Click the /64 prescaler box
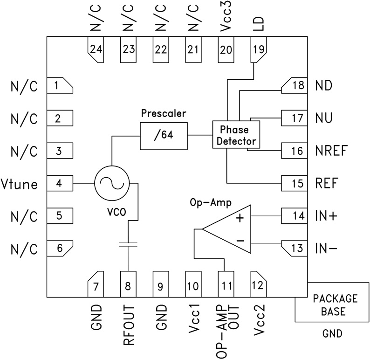click(163, 136)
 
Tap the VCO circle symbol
click(111, 183)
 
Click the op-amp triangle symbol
click(226, 229)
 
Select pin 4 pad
click(60, 183)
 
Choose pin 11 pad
click(226, 284)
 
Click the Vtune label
click(20, 184)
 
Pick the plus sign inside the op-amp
click(240, 218)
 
